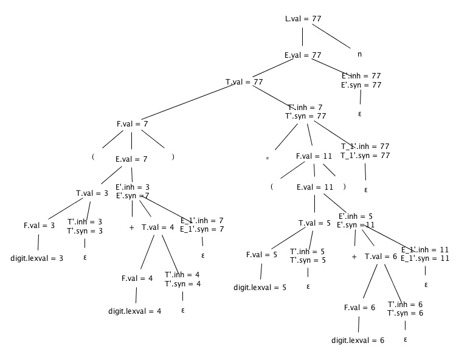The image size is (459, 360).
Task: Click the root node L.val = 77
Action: click(x=303, y=19)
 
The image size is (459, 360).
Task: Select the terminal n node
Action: click(x=359, y=54)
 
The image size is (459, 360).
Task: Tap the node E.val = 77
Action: click(x=303, y=55)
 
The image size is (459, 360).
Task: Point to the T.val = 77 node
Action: click(x=244, y=81)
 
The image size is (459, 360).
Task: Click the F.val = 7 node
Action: click(x=133, y=123)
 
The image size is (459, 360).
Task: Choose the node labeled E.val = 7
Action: click(x=132, y=159)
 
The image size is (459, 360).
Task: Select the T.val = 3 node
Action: click(x=92, y=193)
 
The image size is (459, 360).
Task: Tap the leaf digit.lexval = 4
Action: click(x=135, y=311)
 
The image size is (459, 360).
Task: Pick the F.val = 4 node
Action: click(x=136, y=279)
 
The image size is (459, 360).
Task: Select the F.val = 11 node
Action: click(x=314, y=156)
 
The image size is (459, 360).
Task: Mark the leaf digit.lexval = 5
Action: click(x=260, y=286)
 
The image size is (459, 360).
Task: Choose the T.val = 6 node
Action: click(x=381, y=256)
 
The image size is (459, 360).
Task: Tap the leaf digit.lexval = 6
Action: click(x=358, y=341)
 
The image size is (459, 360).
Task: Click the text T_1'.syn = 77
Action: click(x=365, y=156)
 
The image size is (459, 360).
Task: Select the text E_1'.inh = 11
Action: click(x=425, y=249)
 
